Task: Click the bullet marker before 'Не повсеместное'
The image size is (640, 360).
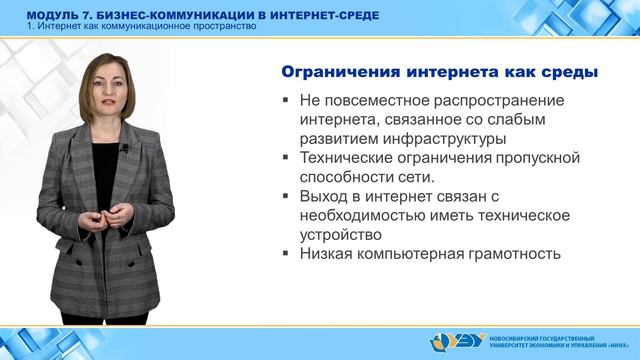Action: (287, 102)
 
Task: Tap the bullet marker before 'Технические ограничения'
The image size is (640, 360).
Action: (287, 159)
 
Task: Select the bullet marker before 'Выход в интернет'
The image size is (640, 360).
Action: (287, 197)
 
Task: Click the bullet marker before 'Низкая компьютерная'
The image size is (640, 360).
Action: (287, 254)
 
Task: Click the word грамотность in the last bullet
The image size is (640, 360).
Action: (509, 254)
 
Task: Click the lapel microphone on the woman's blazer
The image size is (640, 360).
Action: (124, 149)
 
